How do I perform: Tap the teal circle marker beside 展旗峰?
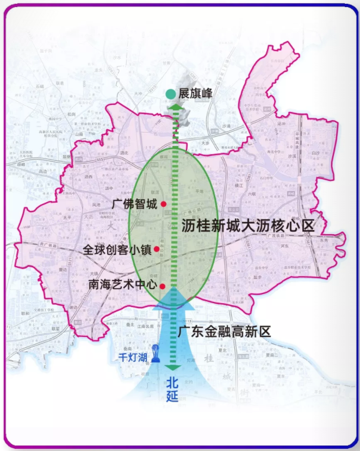pos(171,94)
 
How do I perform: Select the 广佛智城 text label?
pos(135,204)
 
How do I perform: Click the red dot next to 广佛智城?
pos(164,204)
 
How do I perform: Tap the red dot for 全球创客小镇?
pos(157,249)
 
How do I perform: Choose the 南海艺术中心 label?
pos(122,284)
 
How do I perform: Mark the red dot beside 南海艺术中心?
pos(163,285)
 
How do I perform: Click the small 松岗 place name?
pos(71,115)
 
